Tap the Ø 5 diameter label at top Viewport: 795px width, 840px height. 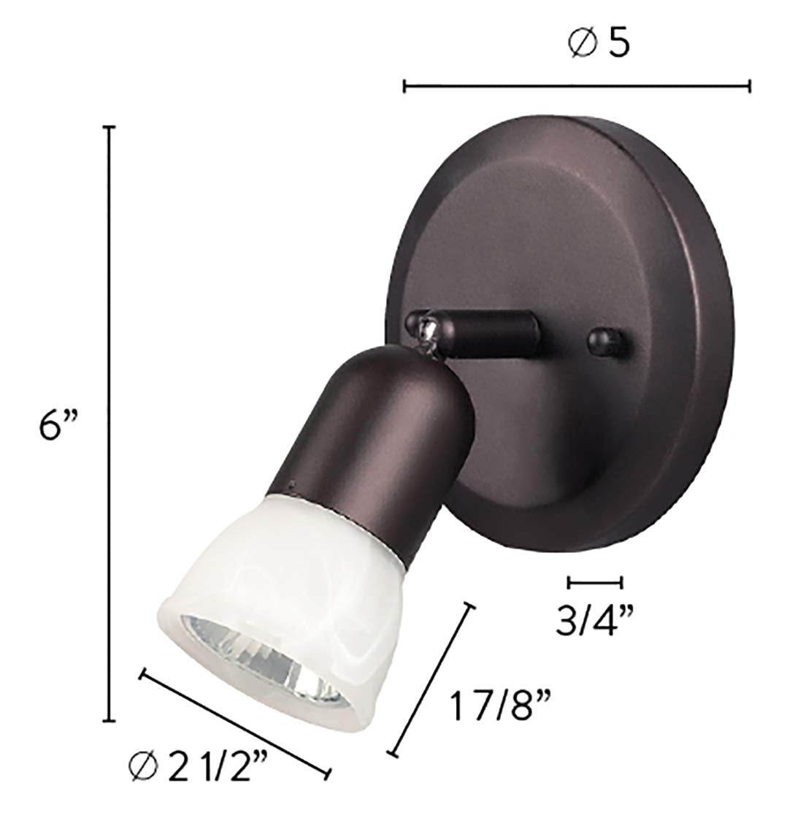click(598, 45)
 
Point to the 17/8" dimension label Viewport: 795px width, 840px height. click(499, 708)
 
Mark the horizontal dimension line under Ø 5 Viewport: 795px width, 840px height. click(577, 87)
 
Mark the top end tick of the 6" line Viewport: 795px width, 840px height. click(110, 128)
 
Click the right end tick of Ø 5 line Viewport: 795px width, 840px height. click(749, 87)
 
